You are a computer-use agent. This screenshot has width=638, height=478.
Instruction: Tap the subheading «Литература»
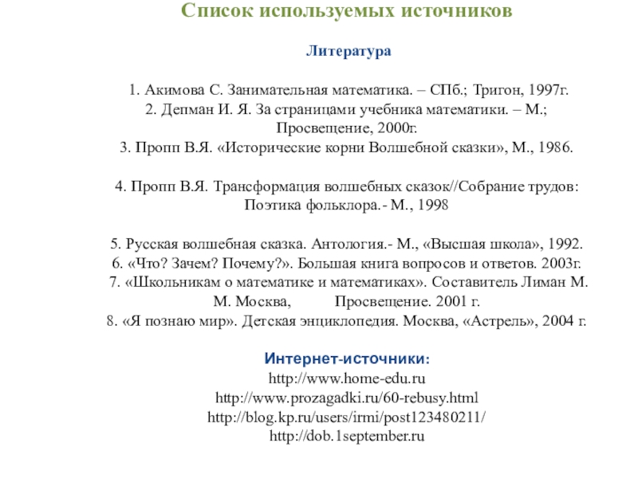[x=349, y=52]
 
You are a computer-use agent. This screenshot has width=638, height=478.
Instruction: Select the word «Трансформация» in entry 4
[x=263, y=186]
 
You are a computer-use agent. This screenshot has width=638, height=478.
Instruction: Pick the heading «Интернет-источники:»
[x=350, y=358]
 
